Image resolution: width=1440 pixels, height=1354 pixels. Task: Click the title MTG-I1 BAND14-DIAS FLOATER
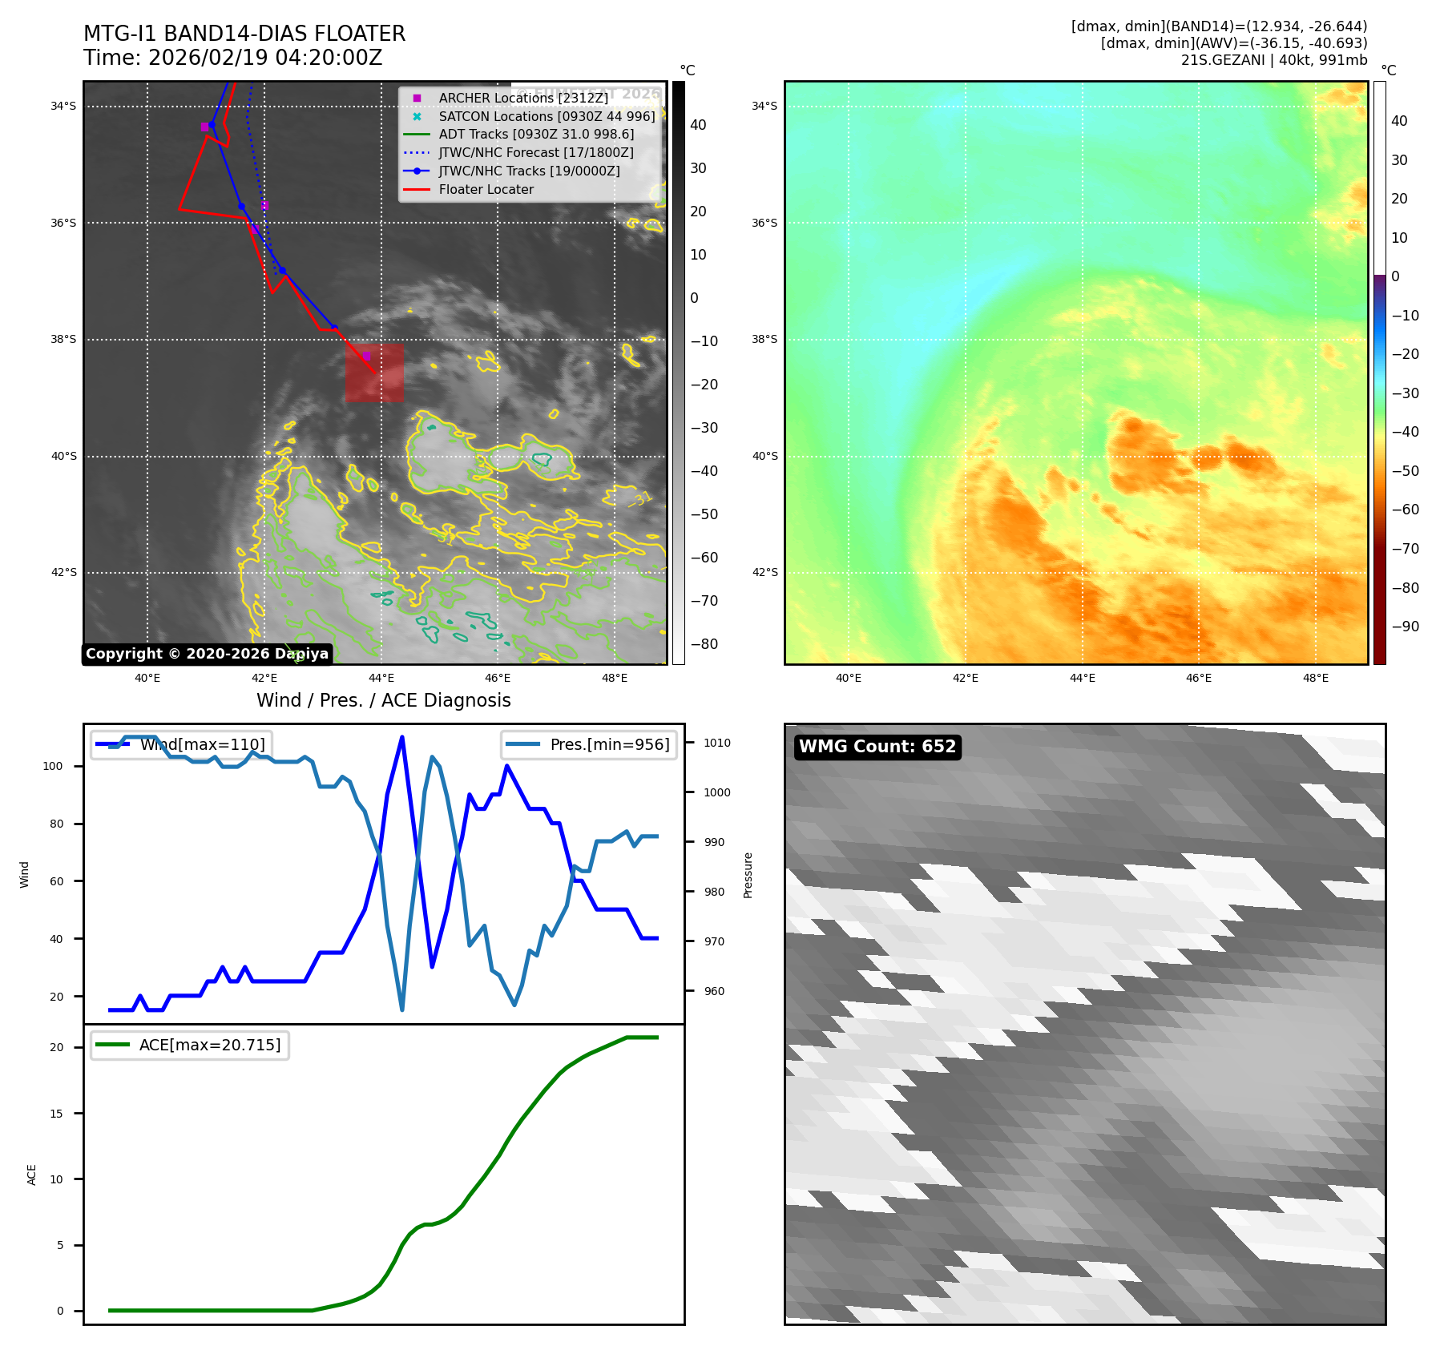point(244,34)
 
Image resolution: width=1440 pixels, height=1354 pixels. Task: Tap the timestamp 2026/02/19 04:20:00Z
point(265,58)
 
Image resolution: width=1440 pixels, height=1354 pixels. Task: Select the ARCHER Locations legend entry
point(522,98)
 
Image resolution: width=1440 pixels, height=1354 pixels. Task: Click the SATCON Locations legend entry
point(546,116)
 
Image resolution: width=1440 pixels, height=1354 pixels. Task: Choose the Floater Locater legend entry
point(486,189)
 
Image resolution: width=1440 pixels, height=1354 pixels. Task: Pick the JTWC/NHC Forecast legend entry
point(535,152)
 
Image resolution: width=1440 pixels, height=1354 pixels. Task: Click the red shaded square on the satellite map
point(374,373)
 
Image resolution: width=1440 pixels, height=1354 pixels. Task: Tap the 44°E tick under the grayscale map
point(381,678)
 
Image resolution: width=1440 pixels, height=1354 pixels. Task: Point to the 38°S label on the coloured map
point(763,339)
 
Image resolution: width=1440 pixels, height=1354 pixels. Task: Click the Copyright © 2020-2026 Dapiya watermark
point(207,654)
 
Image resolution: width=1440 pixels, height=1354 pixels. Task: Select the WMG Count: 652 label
point(877,747)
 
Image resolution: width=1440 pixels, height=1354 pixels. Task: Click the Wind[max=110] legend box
point(181,744)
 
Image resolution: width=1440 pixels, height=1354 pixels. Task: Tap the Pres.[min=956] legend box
point(589,744)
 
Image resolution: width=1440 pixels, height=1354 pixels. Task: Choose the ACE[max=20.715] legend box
point(190,1045)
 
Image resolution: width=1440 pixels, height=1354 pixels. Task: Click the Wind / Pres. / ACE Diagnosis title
point(383,700)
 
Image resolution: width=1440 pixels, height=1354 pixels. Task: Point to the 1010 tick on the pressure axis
point(716,743)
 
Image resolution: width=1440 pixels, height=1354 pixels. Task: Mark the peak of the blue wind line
point(401,737)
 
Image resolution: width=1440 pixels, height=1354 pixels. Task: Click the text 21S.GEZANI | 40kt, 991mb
point(1273,60)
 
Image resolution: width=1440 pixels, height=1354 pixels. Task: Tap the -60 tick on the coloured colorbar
point(1405,510)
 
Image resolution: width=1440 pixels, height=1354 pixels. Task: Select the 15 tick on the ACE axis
point(56,1114)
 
